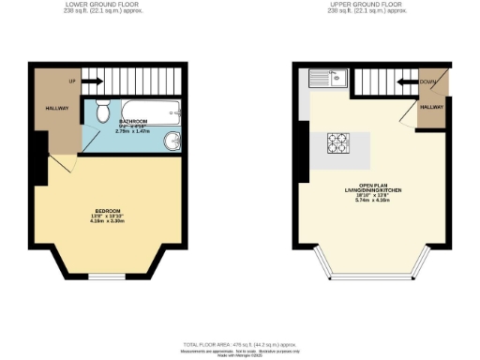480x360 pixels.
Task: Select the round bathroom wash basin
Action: (174, 141)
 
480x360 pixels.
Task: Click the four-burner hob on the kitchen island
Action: (337, 143)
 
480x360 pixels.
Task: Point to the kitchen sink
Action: (332, 77)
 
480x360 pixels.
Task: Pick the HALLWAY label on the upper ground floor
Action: (431, 109)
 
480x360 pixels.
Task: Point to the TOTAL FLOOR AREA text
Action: (240, 343)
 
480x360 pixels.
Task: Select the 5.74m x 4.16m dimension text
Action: (372, 200)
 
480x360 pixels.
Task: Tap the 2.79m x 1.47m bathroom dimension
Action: (131, 132)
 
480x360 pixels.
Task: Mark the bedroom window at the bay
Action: (111, 277)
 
